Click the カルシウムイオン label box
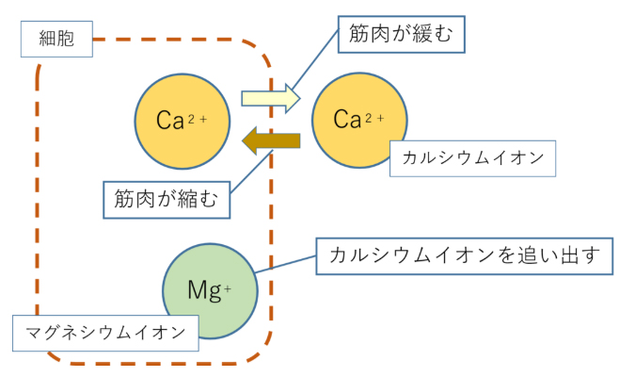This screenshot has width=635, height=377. tap(473, 157)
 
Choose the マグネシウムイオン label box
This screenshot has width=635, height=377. tap(105, 333)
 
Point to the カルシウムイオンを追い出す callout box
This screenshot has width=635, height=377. tap(464, 255)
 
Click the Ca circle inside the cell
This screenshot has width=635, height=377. tap(183, 120)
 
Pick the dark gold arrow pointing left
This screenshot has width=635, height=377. tap(270, 141)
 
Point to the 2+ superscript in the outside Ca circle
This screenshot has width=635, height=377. tap(373, 116)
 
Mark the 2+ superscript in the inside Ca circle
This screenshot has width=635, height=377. tap(198, 116)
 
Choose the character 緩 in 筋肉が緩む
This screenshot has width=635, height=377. tap(429, 36)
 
